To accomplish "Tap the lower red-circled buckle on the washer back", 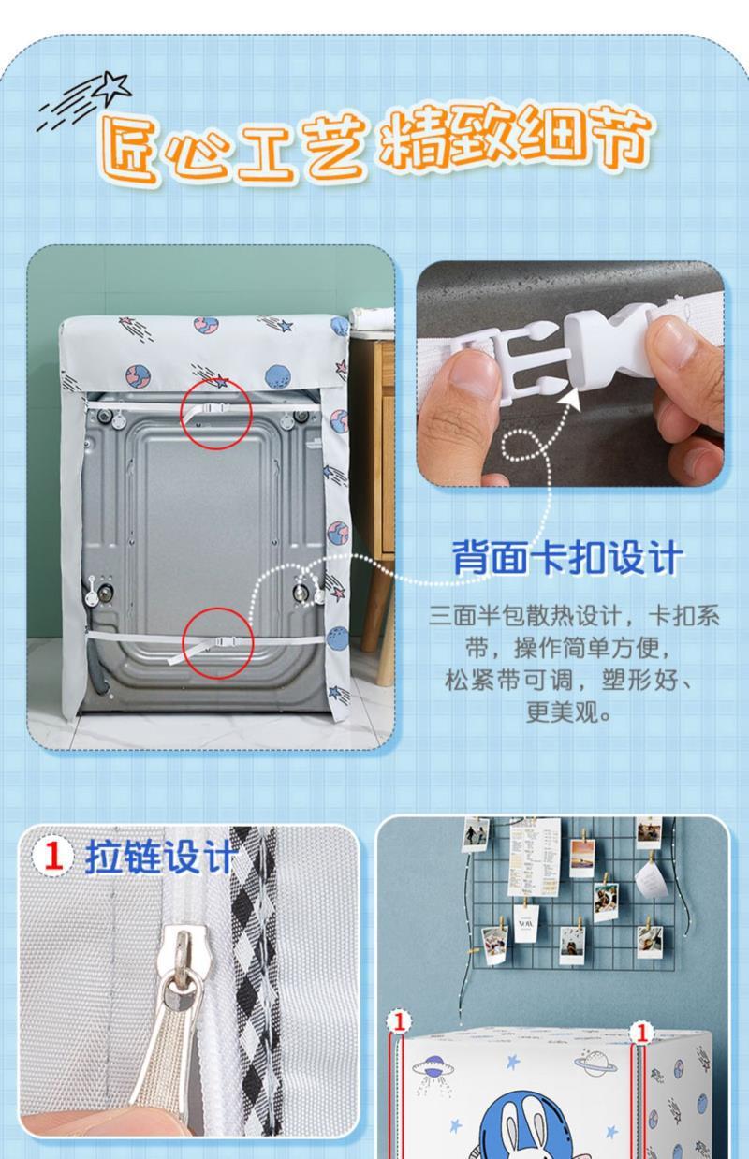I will (216, 643).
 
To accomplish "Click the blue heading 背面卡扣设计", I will (565, 559).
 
